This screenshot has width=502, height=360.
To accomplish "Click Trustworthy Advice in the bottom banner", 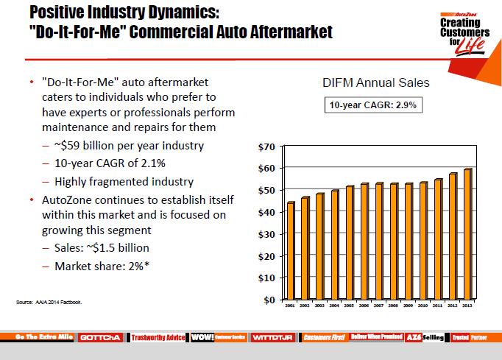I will [x=158, y=336].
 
